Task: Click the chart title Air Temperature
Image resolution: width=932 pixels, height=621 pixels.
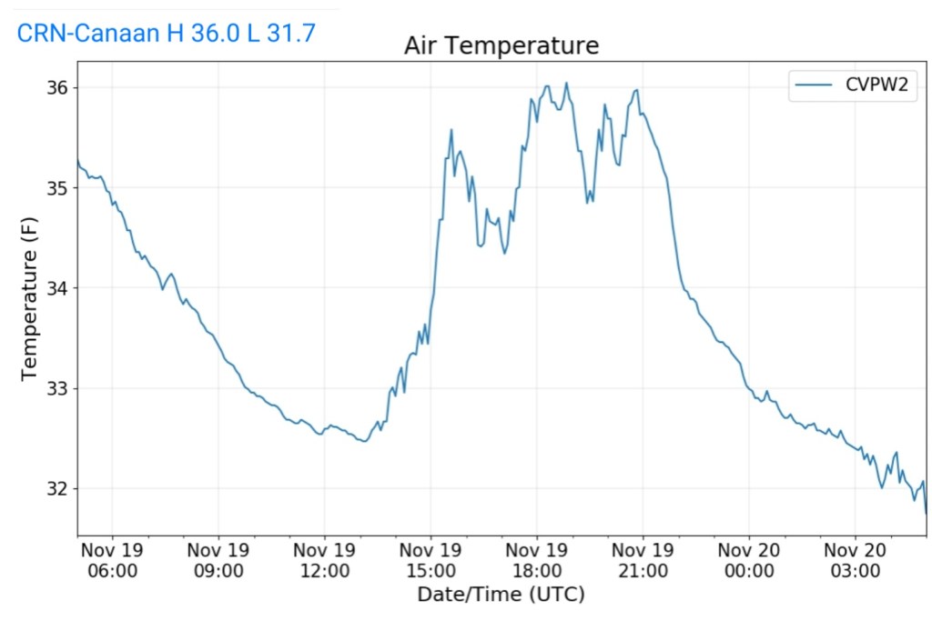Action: pos(501,45)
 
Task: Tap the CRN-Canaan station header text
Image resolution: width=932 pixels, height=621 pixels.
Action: pos(167,34)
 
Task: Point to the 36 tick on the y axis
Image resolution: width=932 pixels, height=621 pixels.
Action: pos(57,88)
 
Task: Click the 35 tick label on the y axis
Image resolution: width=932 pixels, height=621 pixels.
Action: pos(57,188)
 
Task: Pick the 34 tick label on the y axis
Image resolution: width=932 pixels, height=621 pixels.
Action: pos(57,288)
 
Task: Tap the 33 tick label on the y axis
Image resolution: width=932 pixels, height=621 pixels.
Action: pos(57,389)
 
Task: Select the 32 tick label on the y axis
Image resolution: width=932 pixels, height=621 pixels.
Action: pos(57,489)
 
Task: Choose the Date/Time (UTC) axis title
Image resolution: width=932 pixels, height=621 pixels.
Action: pos(501,595)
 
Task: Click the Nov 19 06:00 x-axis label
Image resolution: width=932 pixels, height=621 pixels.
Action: pos(112,561)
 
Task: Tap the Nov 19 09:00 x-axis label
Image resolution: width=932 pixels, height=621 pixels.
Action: pos(218,561)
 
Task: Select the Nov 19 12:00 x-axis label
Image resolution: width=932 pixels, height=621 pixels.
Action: pos(325,561)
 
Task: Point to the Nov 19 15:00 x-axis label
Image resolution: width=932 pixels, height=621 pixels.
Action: pos(431,561)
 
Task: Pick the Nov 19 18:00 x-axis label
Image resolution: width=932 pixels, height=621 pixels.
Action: pos(537,561)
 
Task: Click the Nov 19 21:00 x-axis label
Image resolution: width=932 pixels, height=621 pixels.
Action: pos(643,561)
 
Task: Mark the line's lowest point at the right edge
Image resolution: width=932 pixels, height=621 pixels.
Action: pos(926,514)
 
